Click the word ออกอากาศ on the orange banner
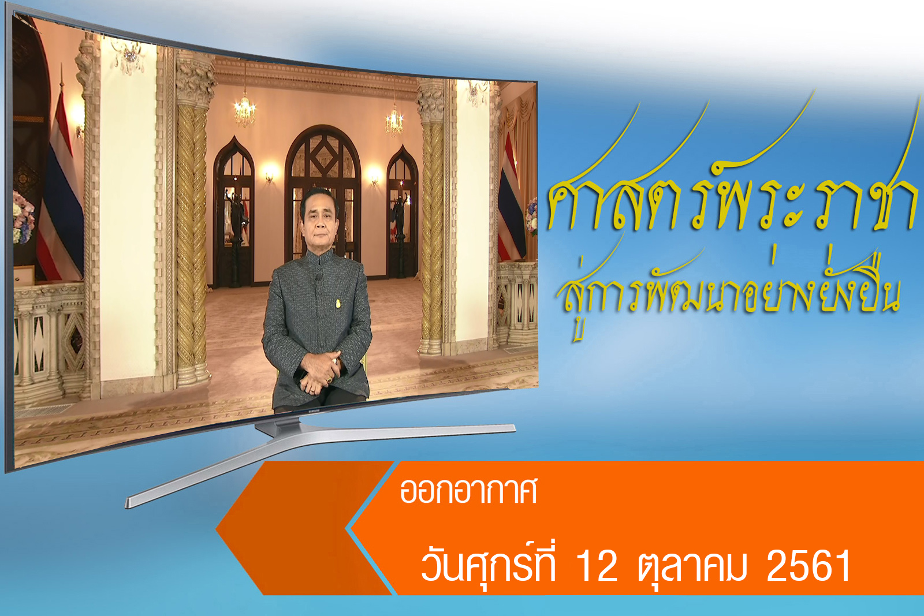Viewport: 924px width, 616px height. (468, 491)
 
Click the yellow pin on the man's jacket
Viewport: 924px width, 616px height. (338, 304)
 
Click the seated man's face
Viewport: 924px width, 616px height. (318, 223)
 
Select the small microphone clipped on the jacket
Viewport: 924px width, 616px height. (318, 277)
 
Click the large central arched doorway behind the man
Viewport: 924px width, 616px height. (323, 194)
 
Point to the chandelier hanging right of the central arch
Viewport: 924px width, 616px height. (394, 120)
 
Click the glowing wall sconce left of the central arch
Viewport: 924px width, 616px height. (269, 173)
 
